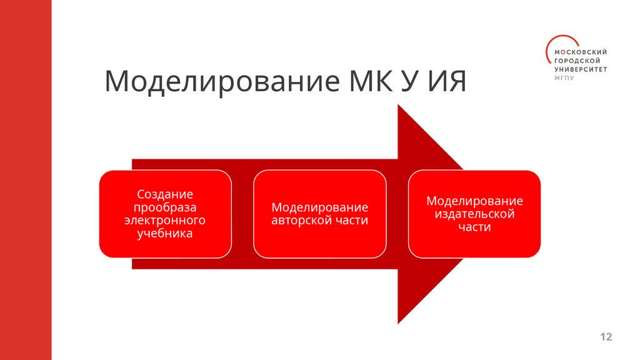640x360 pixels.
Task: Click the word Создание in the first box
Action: [x=165, y=194]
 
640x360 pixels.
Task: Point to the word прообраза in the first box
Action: [x=165, y=207]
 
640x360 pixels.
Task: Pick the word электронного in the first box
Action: [x=165, y=221]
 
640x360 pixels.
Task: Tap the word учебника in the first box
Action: [x=165, y=234]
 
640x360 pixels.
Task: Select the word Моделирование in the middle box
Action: [x=319, y=207]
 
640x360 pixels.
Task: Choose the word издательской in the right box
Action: [x=474, y=214]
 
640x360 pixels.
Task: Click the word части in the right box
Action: [x=474, y=227]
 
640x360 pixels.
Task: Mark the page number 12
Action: [x=606, y=337]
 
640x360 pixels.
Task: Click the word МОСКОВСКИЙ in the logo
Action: [x=581, y=52]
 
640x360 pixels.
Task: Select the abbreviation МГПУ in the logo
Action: [x=564, y=78]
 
